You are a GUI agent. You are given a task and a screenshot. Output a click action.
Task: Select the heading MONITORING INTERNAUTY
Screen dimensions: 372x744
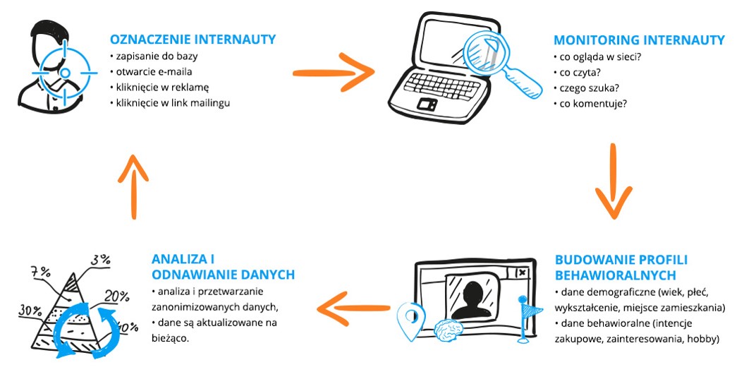click(x=639, y=39)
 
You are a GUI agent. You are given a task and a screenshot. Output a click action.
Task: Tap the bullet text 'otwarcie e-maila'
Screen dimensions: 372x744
click(x=150, y=71)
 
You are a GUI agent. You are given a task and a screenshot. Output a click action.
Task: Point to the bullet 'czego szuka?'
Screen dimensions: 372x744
click(x=585, y=87)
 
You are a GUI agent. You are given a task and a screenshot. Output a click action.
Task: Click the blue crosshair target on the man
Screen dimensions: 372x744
click(x=63, y=72)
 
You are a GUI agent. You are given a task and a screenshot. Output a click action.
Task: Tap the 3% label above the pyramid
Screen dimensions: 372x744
click(x=101, y=259)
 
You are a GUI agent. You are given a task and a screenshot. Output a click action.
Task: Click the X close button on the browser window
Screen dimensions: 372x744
click(x=521, y=272)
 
